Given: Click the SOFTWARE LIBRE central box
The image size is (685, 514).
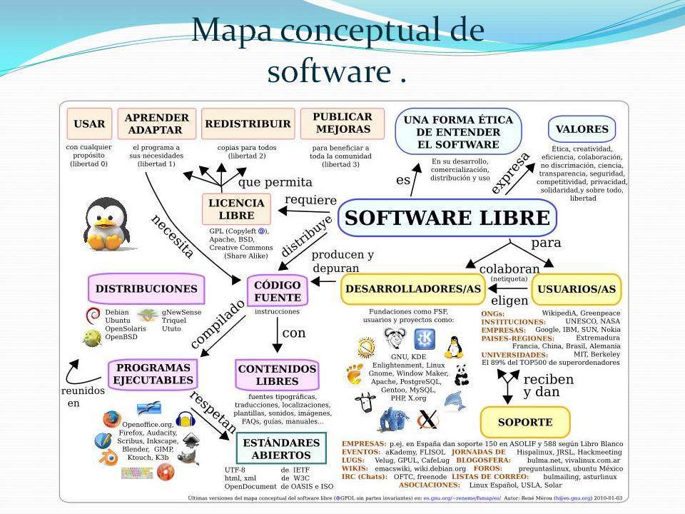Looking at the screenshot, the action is (447, 218).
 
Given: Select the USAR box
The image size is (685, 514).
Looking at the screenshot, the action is (89, 124).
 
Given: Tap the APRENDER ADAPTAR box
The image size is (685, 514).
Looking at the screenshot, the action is (157, 124).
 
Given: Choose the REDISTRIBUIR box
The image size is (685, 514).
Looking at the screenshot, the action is (248, 124).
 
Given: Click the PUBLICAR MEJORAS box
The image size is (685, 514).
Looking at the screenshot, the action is (342, 123).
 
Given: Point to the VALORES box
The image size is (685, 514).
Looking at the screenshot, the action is (582, 129).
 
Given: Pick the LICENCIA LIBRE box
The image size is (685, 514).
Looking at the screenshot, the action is (236, 209).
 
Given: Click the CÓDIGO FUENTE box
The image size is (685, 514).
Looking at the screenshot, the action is (278, 291).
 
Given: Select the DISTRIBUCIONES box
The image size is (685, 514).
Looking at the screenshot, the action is (146, 289).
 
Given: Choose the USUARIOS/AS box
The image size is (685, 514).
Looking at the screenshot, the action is (577, 289).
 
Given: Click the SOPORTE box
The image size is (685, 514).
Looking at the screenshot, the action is (525, 422).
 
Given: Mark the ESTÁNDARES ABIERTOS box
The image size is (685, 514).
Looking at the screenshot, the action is (276, 449).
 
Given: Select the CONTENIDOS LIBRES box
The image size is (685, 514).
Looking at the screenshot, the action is (277, 375).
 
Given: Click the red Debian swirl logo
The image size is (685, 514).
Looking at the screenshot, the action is (92, 315).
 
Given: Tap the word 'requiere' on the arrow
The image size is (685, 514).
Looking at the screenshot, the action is (310, 199).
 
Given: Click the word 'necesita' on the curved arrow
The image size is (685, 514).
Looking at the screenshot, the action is (172, 236).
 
